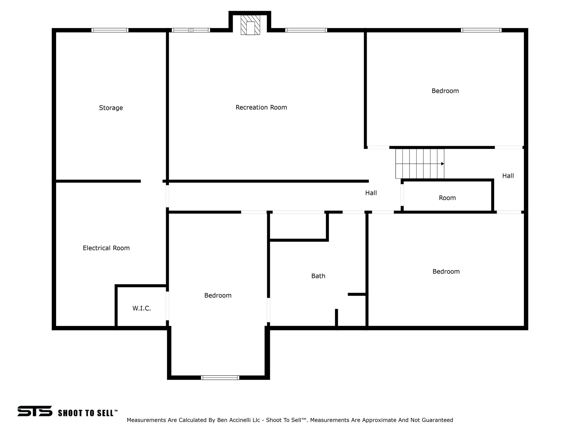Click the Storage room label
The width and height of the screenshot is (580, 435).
click(111, 108)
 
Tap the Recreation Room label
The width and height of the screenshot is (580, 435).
click(261, 107)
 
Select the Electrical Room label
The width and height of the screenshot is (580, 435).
click(106, 248)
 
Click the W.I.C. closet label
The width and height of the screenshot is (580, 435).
click(142, 308)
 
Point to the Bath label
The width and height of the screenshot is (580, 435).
click(318, 276)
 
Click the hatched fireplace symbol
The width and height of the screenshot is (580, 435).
click(250, 25)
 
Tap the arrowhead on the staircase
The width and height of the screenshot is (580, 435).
click(442, 164)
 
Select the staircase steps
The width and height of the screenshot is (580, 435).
click(420, 164)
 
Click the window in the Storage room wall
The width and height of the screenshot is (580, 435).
click(110, 30)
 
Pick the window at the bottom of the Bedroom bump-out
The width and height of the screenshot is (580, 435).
click(220, 377)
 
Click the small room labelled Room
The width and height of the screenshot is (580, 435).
click(447, 198)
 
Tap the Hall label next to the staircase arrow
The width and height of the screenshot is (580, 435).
click(508, 176)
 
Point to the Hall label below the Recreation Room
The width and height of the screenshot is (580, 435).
click(371, 193)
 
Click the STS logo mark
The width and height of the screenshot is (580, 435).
click(35, 411)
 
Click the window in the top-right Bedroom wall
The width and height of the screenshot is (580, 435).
click(481, 30)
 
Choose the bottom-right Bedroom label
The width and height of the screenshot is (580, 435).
click(446, 272)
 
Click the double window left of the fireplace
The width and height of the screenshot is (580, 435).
click(191, 30)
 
